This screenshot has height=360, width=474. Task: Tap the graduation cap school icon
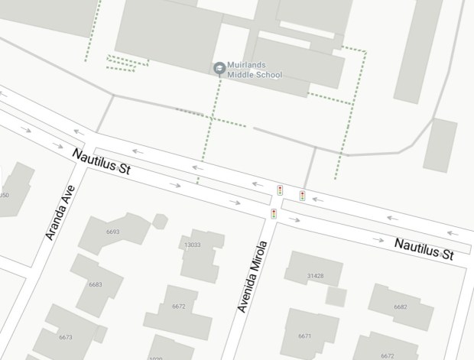pos(219,68)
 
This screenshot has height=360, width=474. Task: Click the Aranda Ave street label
pos(60,212)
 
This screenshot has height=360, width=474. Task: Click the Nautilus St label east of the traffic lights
pos(424,249)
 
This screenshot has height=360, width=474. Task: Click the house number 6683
pos(95,284)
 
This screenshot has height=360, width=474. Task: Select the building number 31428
pos(315,276)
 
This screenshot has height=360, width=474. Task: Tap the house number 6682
pos(400,306)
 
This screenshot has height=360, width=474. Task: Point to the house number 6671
pos(305,336)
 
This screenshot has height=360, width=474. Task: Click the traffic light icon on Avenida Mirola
pos(274,213)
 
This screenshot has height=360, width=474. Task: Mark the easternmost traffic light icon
pos(302,196)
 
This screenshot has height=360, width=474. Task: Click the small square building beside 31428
pos(336,297)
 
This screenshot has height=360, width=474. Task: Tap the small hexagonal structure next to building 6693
pos(160,222)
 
